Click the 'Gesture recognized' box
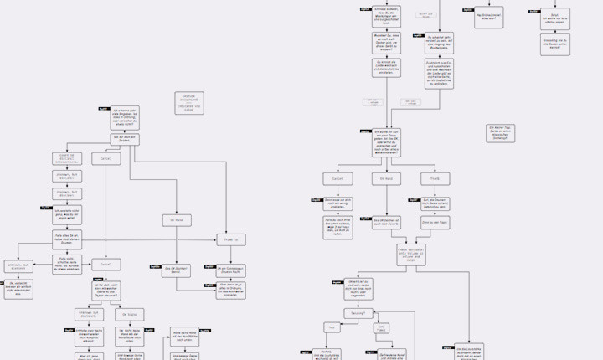190,102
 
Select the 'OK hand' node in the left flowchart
178,219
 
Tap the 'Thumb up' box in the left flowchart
230,239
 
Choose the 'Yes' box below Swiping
331,327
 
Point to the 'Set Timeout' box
381,327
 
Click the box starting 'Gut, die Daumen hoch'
436,202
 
